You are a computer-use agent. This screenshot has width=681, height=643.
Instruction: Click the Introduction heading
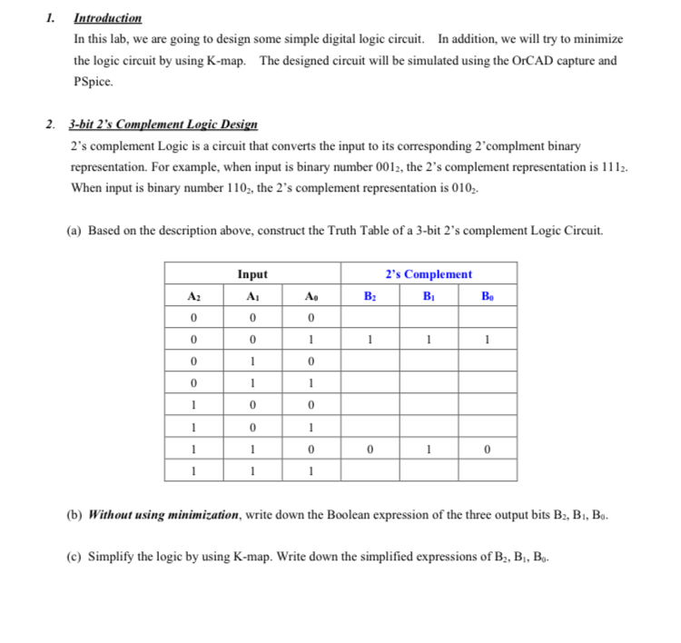pyautogui.click(x=107, y=18)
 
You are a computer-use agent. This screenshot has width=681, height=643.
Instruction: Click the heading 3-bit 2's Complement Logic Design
pyautogui.click(x=163, y=124)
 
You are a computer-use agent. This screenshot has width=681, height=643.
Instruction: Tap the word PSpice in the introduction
pyautogui.click(x=94, y=81)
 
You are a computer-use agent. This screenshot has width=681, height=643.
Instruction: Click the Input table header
pyautogui.click(x=252, y=273)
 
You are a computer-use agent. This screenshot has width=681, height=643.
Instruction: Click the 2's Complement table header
pyautogui.click(x=429, y=273)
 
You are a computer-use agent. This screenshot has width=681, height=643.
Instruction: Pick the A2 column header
pyautogui.click(x=193, y=295)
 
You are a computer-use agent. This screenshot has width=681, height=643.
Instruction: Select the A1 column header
pyautogui.click(x=252, y=295)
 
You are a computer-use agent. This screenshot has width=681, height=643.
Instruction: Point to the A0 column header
pyautogui.click(x=311, y=295)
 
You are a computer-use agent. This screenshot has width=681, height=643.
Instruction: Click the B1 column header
pyautogui.click(x=429, y=295)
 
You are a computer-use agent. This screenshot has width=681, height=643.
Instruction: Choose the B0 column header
pyautogui.click(x=488, y=295)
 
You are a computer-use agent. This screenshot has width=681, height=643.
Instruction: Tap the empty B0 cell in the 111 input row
pyautogui.click(x=488, y=470)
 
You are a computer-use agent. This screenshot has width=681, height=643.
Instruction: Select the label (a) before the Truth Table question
pyautogui.click(x=75, y=231)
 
